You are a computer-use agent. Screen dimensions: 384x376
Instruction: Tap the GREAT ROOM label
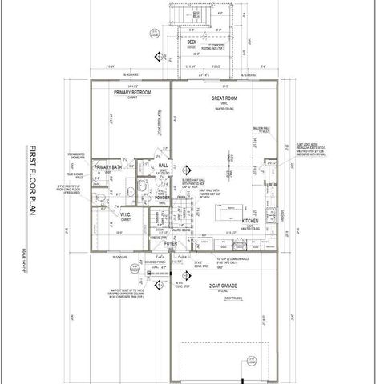tap(223, 98)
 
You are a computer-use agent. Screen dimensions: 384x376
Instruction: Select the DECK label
tap(192, 41)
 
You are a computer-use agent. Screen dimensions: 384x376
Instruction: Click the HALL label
tap(163, 165)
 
